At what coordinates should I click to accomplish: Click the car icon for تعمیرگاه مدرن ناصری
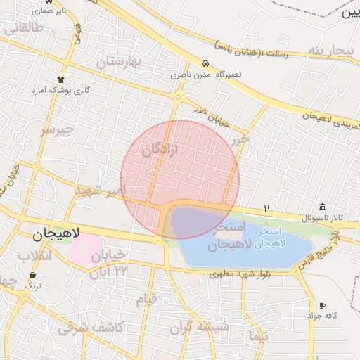coord(205,63)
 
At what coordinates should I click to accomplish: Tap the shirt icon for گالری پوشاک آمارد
coord(61,79)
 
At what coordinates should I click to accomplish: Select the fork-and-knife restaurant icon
coord(266,208)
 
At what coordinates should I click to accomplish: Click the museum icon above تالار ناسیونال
coord(322,207)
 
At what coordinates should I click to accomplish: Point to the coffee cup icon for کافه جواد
coord(322,306)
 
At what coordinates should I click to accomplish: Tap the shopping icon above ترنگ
coord(32,275)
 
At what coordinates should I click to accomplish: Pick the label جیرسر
coord(57,130)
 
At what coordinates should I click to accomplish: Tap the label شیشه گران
coord(204,327)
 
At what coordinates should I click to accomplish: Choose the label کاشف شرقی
coord(91,327)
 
